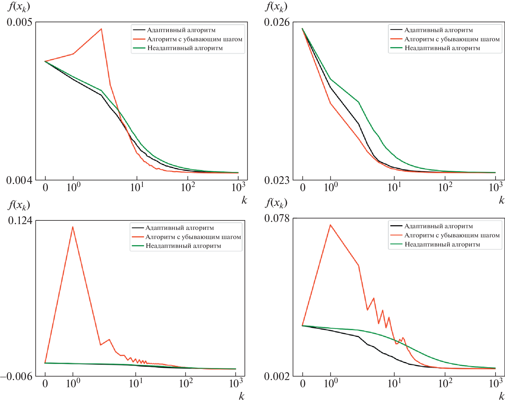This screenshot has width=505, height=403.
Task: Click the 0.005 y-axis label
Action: point(19,22)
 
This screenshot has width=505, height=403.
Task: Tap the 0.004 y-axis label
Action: point(19,180)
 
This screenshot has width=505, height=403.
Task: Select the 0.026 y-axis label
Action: point(277,22)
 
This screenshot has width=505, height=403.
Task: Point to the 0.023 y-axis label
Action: point(277,180)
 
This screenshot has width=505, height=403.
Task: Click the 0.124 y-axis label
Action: point(20,220)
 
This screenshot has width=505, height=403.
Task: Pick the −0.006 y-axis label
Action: point(17,376)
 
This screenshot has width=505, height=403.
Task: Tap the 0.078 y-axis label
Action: point(277,218)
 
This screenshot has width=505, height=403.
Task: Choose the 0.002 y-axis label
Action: point(277,376)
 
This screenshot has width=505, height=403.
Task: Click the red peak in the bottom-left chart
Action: point(73,227)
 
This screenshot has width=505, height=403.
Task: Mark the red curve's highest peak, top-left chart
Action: point(102,29)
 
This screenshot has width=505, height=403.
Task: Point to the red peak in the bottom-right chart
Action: point(330,225)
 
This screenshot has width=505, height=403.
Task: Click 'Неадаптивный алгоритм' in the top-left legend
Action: point(185,48)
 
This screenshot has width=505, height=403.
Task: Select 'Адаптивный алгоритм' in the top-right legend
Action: point(438,30)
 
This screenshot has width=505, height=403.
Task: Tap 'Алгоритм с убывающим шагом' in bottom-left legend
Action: point(193,237)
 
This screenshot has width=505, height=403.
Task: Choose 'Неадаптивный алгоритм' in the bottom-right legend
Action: point(442,244)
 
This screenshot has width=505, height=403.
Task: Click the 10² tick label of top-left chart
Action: point(188,187)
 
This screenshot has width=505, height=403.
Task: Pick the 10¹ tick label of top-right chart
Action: point(394,187)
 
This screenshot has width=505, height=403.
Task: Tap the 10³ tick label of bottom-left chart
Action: point(236,383)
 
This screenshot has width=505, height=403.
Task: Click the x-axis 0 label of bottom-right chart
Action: point(303,383)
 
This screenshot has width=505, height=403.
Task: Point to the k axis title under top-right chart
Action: point(501,200)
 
